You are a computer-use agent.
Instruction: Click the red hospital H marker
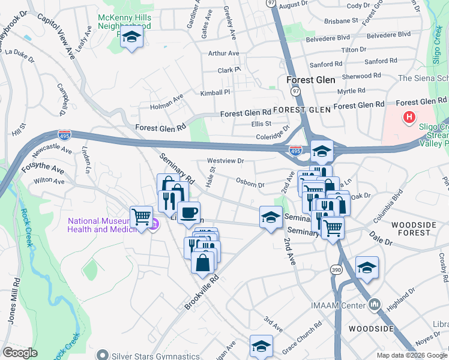coord(409,117)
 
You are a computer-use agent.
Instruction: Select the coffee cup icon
coord(188,213)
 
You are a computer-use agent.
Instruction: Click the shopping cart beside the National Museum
coord(141,217)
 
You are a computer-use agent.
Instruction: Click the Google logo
coord(20,353)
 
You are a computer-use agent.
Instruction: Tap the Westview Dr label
coord(225,161)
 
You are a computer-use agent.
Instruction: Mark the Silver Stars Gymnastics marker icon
coord(104,355)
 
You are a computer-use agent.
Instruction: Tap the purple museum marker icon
coord(154,224)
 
